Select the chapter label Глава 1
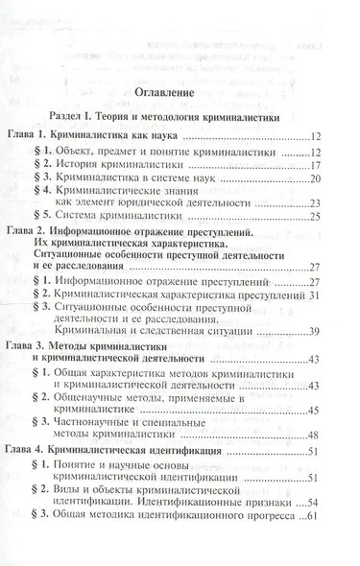31,138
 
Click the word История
90,165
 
